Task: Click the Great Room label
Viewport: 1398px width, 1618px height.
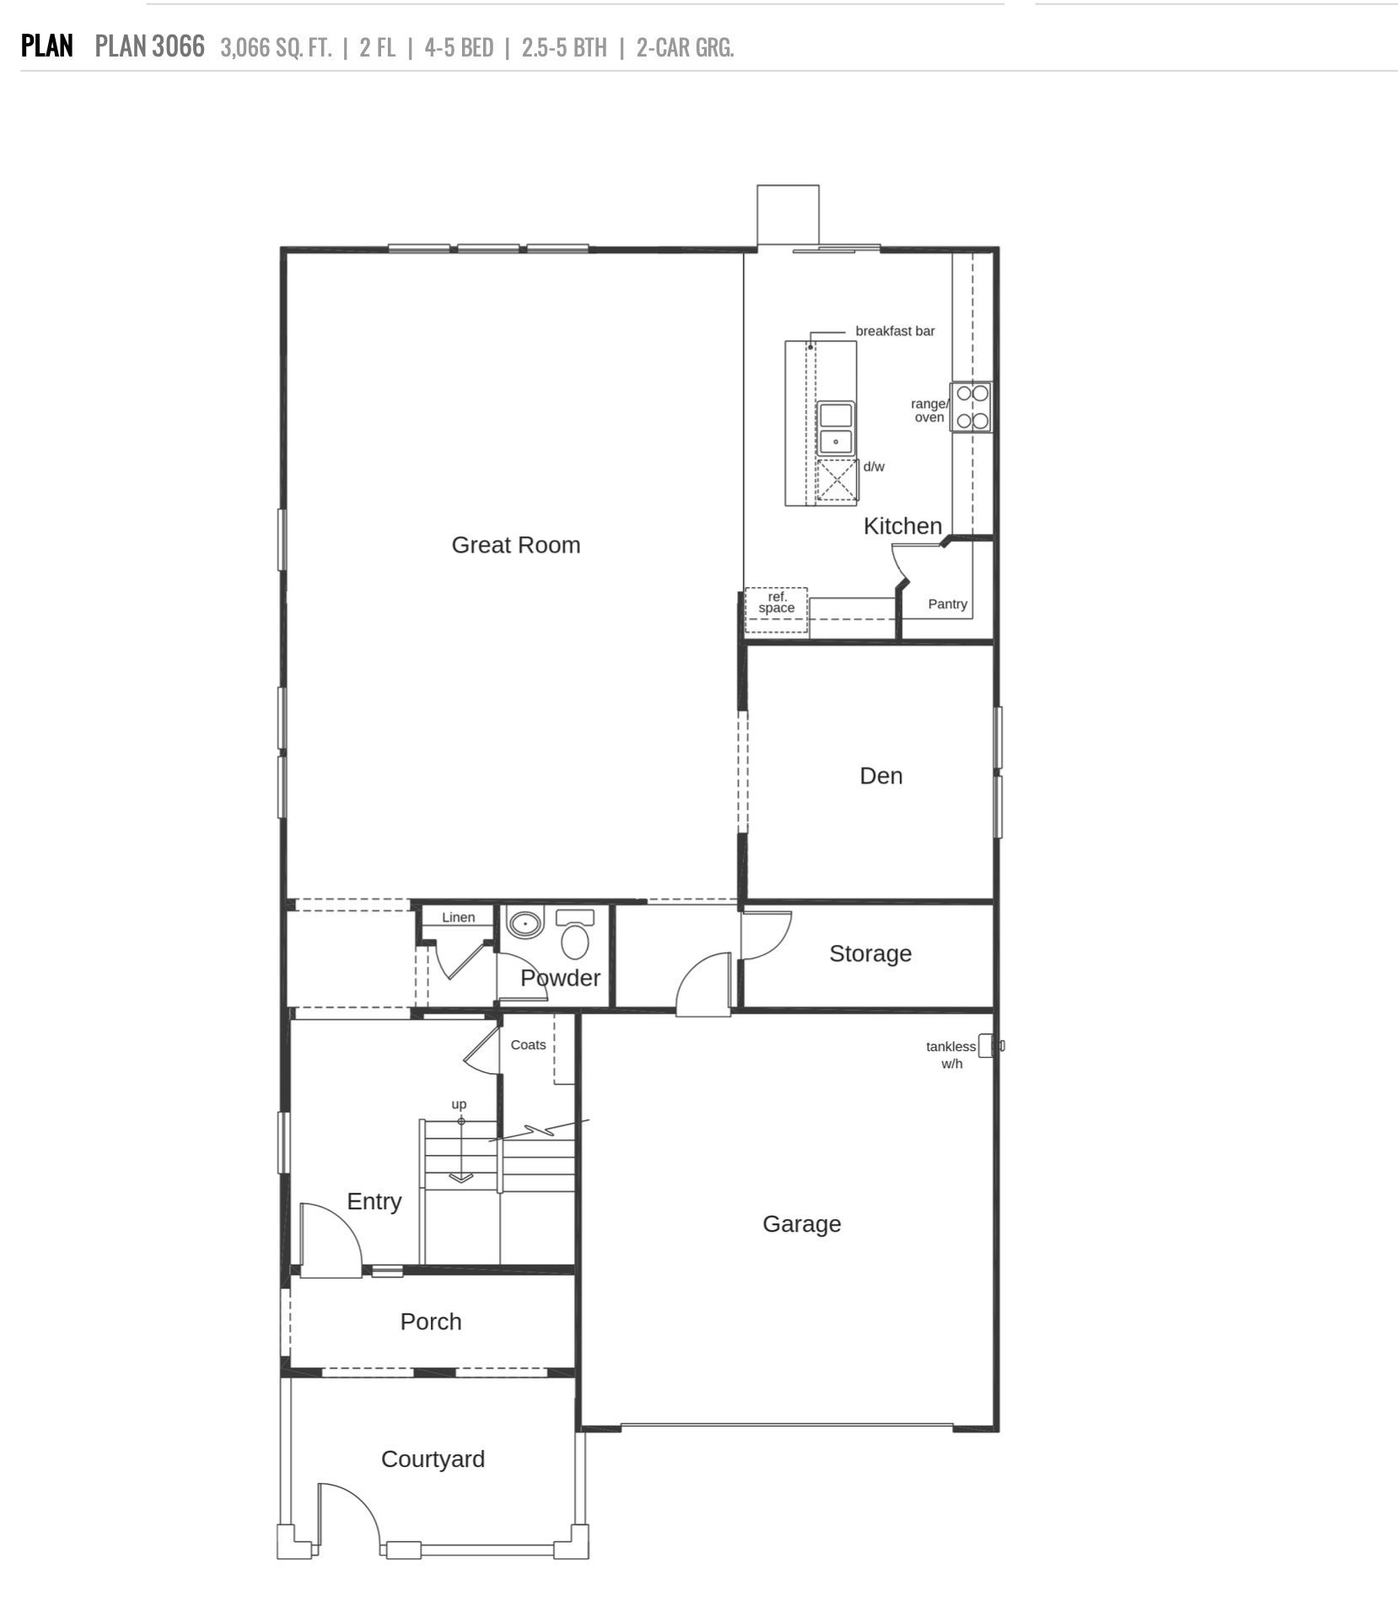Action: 515,545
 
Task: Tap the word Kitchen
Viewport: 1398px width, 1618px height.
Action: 901,526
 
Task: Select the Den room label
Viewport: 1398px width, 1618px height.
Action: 880,776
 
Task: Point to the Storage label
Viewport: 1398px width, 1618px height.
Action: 869,953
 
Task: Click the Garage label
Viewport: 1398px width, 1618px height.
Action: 801,1224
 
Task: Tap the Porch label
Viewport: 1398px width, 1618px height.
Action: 431,1322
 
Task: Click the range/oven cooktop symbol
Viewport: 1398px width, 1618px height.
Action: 971,407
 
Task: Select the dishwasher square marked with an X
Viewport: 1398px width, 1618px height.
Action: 836,480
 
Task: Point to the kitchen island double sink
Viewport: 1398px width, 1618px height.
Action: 836,428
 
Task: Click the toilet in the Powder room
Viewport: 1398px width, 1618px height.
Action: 575,936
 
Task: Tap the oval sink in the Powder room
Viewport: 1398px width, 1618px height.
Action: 526,924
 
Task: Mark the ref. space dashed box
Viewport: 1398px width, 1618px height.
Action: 776,610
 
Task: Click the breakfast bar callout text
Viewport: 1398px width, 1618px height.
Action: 895,332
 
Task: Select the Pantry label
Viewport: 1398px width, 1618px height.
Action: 947,604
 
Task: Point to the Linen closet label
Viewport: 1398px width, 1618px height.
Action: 458,918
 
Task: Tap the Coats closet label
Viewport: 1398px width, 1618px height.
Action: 528,1045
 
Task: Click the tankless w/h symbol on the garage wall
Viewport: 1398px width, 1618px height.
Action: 987,1046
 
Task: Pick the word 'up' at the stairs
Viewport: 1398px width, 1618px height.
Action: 459,1104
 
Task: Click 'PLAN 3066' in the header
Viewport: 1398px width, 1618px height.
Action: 149,46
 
